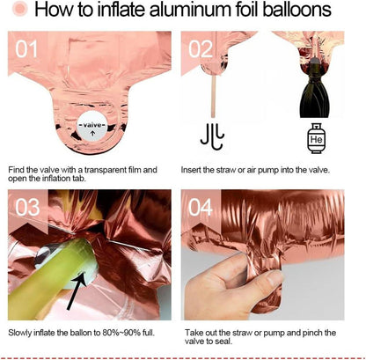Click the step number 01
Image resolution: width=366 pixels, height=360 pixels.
(x=26, y=49)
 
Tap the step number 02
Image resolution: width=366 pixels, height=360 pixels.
(x=201, y=49)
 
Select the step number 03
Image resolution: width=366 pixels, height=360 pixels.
(x=27, y=208)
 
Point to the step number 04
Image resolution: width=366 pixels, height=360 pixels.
(x=201, y=208)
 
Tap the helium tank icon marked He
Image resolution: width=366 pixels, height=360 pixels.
(x=316, y=138)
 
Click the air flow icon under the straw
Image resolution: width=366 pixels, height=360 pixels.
(x=213, y=136)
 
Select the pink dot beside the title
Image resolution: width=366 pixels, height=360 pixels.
(x=20, y=9)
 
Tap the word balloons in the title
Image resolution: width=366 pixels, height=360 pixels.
(x=297, y=9)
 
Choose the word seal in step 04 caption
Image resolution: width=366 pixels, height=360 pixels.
(x=224, y=342)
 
